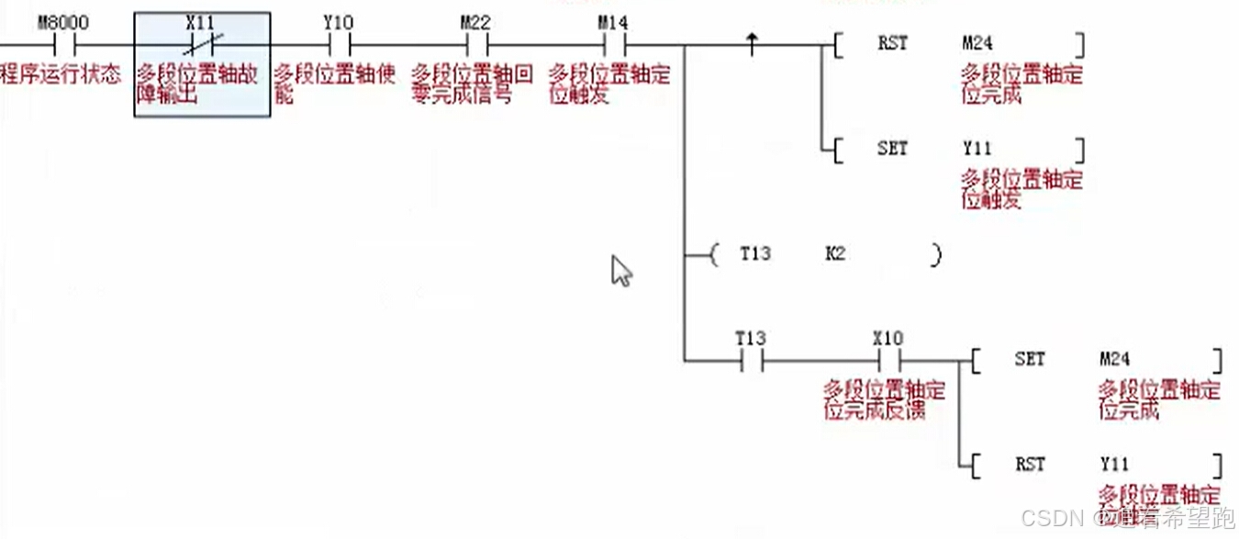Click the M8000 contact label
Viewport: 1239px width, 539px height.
tap(63, 20)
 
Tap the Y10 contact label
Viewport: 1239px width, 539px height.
tap(338, 20)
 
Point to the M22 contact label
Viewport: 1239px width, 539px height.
tap(475, 20)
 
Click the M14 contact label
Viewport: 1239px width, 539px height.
tap(613, 20)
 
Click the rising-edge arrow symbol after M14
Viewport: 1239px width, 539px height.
tap(753, 41)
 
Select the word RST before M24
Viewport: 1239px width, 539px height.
tap(892, 42)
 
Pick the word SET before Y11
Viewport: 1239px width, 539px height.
tap(892, 148)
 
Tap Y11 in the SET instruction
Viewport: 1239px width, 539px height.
tap(977, 148)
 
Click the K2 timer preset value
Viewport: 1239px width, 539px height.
tap(835, 253)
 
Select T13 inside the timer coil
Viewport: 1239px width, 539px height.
tap(755, 253)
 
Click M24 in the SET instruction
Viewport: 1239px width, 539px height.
tap(1114, 359)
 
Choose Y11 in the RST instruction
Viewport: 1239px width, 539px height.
tap(1114, 464)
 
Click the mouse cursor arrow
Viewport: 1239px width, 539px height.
tap(621, 271)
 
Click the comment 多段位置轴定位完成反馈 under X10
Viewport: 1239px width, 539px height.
tap(885, 400)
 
